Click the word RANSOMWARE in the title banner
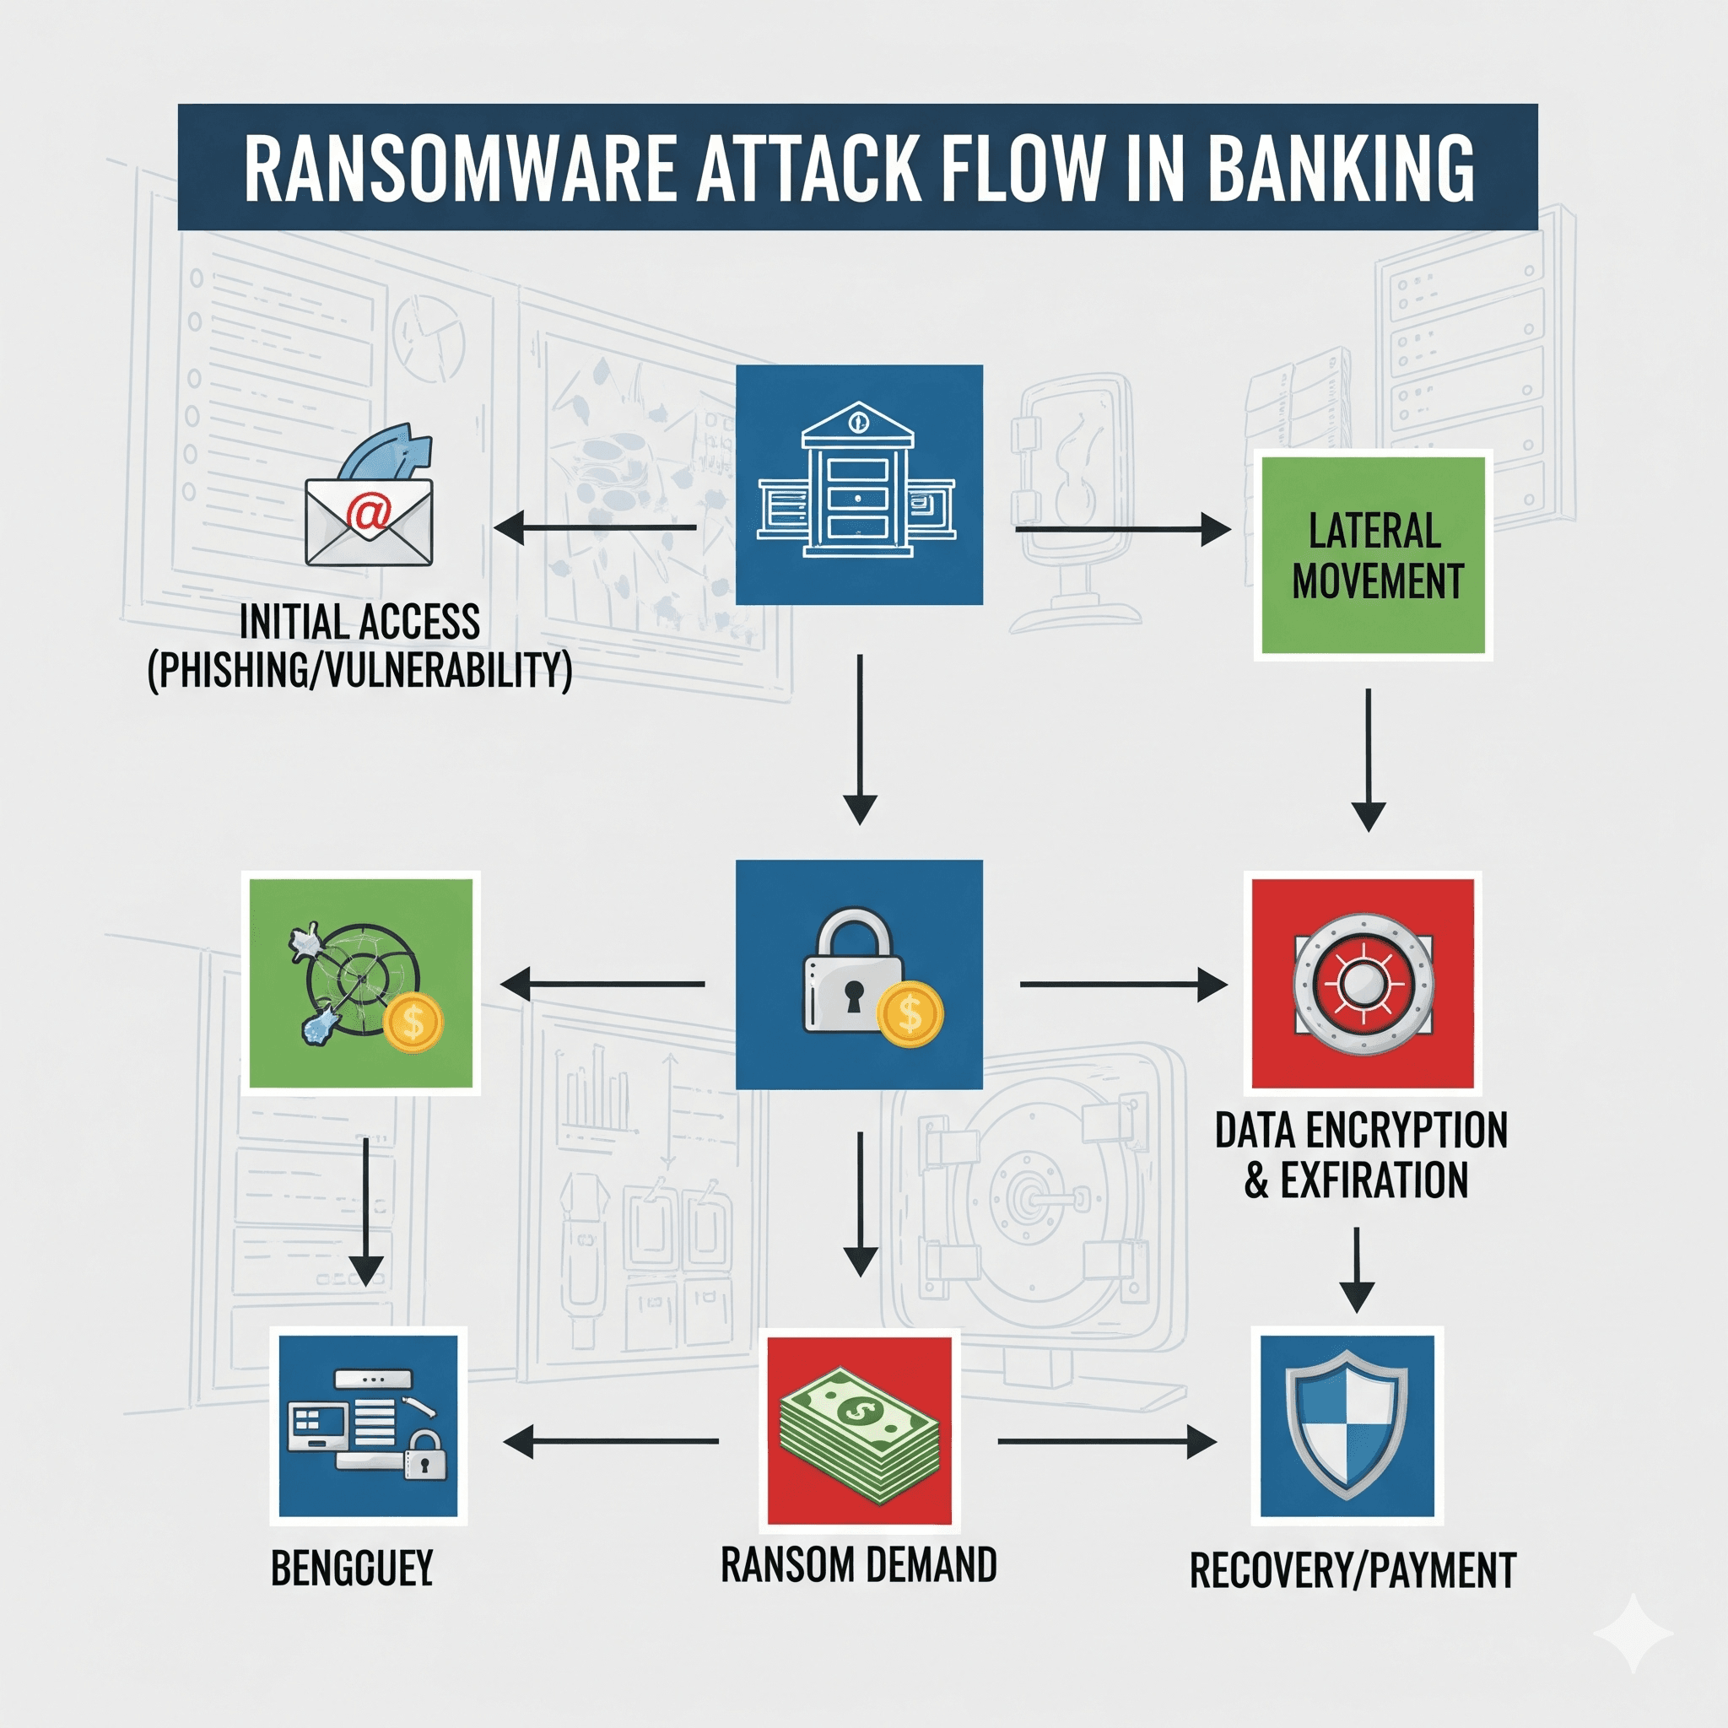(459, 168)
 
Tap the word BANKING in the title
(1341, 168)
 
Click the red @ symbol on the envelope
(369, 515)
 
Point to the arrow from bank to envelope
(595, 527)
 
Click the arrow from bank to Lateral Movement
(1122, 530)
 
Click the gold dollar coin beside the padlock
(910, 1014)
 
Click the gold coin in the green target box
(413, 1023)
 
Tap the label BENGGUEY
(353, 1568)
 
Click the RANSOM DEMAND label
(859, 1565)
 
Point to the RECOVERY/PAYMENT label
(1353, 1570)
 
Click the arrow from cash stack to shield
(1107, 1442)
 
